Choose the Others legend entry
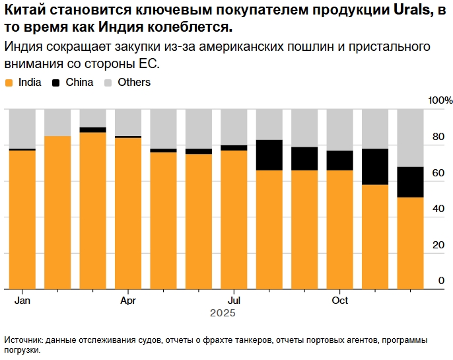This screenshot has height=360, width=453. tap(134, 83)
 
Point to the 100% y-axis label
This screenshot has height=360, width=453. tap(440, 100)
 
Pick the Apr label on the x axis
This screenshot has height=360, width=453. tap(128, 301)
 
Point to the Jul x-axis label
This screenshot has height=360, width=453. tap(233, 301)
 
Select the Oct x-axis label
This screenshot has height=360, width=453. tap(339, 301)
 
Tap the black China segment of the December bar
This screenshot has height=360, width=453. tap(410, 182)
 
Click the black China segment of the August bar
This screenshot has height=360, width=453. tap(269, 155)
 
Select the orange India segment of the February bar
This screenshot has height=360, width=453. tap(57, 211)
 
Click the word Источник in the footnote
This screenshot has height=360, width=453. tap(23, 340)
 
